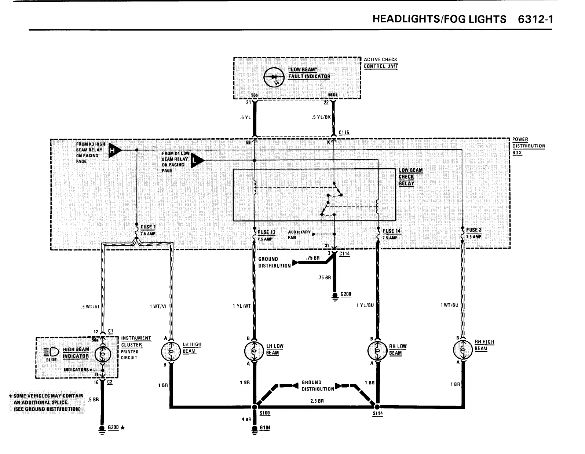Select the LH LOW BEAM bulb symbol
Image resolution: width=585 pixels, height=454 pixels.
point(253,351)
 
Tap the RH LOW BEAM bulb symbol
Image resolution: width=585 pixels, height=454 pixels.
point(377,351)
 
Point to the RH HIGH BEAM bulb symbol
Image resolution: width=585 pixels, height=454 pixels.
point(462,349)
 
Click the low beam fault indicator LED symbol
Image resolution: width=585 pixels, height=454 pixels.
point(274,77)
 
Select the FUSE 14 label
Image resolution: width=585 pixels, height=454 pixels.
point(391,231)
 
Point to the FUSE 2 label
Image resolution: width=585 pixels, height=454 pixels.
point(474,230)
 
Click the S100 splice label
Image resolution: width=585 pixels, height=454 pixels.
point(264,413)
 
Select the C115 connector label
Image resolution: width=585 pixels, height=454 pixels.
point(344,132)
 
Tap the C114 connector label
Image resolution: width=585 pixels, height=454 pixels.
point(345,254)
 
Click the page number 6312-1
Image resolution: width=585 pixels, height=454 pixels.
point(535,19)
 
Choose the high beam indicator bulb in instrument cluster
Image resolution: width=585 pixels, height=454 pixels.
point(102,355)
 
